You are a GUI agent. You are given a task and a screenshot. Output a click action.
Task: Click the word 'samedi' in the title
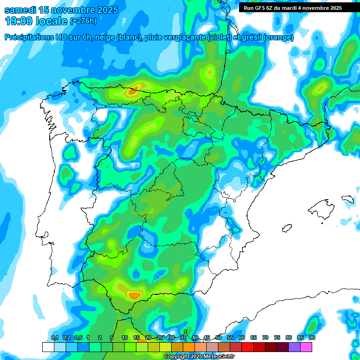pyautogui.click(x=20, y=10)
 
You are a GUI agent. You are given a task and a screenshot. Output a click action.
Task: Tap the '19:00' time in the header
pyautogui.click(x=19, y=21)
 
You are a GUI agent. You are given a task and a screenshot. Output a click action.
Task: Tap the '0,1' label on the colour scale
pyautogui.click(x=54, y=337)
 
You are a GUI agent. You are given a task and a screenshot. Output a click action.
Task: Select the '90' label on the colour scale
pyautogui.click(x=312, y=337)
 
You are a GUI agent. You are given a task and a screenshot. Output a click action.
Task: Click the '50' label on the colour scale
pyautogui.click(x=218, y=337)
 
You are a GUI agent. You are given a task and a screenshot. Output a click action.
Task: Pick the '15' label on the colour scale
pyautogui.click(x=136, y=337)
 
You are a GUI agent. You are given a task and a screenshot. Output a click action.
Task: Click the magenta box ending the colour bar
pyautogui.click(x=307, y=347)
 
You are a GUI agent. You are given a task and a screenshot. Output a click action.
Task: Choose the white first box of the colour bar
pyautogui.click(x=48, y=347)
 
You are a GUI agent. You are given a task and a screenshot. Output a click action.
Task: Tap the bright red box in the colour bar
pyautogui.click(x=247, y=347)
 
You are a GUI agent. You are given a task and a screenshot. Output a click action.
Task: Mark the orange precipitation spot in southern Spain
pyautogui.click(x=134, y=295)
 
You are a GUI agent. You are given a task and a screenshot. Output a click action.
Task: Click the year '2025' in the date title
pyautogui.click(x=103, y=10)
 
